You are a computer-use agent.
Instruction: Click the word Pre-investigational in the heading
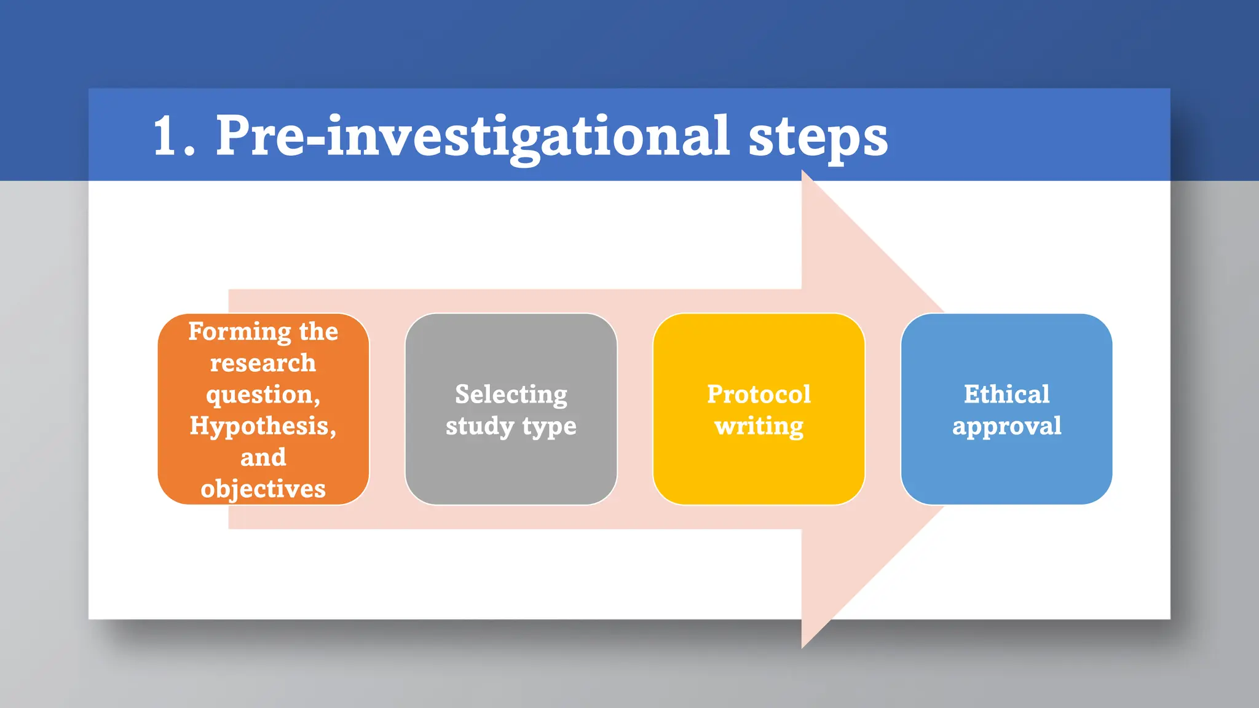(x=472, y=136)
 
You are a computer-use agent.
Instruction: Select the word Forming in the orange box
(x=240, y=332)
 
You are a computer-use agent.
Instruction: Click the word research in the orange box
(x=263, y=363)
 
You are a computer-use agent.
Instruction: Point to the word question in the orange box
(x=261, y=395)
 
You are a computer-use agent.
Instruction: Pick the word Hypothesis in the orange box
(x=261, y=426)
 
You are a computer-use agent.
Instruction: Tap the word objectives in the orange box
(x=263, y=489)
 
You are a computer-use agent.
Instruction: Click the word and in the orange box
(x=263, y=458)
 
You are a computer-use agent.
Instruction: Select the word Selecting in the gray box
(x=511, y=395)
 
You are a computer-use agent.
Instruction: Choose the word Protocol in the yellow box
(x=759, y=395)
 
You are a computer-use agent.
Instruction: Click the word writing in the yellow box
(x=759, y=427)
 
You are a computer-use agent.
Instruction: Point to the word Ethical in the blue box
(x=1006, y=395)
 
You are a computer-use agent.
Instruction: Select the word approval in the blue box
(x=1006, y=427)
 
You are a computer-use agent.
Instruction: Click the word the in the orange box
(x=318, y=332)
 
